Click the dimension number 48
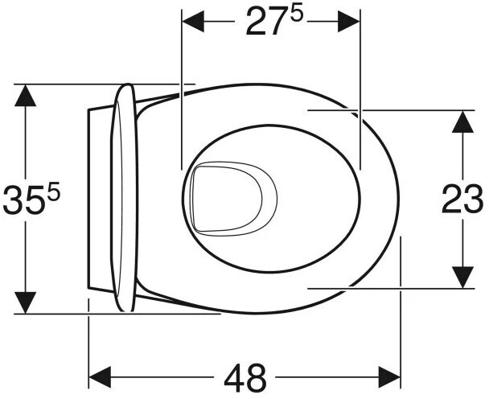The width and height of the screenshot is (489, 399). coord(245,378)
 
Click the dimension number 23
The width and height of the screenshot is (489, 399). coord(462,199)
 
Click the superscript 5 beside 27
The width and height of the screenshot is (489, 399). coord(296,14)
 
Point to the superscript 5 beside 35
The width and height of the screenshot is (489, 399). coord(54,192)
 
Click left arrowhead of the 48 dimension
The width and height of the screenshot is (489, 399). coord(100,377)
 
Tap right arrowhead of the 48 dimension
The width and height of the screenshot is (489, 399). coord(389,377)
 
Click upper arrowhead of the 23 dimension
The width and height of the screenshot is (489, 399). coord(462,121)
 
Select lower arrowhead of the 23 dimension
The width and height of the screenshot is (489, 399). coord(462,278)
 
